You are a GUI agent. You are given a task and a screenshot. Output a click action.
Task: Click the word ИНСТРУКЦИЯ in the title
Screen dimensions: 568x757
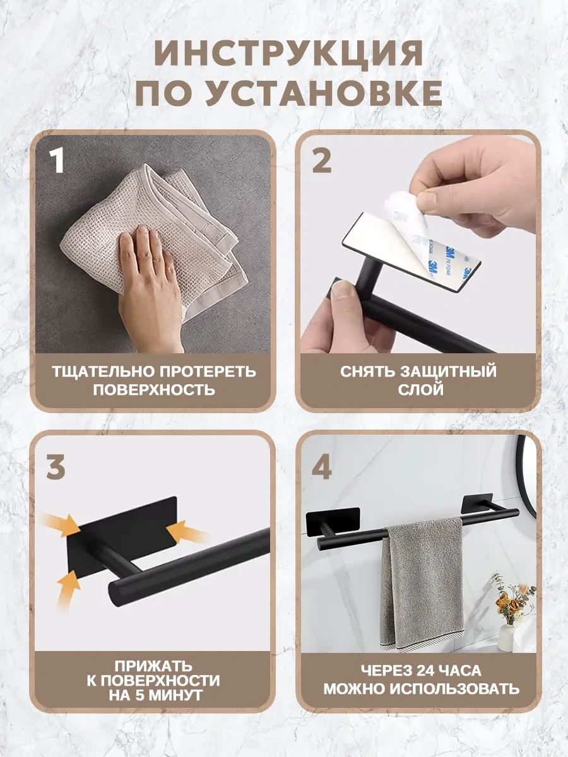tap(288, 53)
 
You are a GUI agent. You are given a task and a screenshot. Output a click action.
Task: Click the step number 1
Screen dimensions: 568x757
tap(57, 161)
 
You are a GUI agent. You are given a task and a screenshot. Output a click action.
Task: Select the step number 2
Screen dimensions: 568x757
tap(321, 161)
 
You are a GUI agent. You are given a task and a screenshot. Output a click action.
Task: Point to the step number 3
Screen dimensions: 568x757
tap(56, 467)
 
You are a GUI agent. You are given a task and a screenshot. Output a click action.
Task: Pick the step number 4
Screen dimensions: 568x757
tap(322, 467)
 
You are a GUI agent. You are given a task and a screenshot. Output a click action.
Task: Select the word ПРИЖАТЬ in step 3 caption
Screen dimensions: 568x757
tap(153, 666)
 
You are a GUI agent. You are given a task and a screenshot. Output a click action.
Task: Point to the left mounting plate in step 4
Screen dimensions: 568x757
tap(333, 522)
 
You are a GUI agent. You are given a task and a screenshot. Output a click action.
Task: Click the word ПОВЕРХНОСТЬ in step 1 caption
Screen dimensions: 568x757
tap(154, 390)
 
